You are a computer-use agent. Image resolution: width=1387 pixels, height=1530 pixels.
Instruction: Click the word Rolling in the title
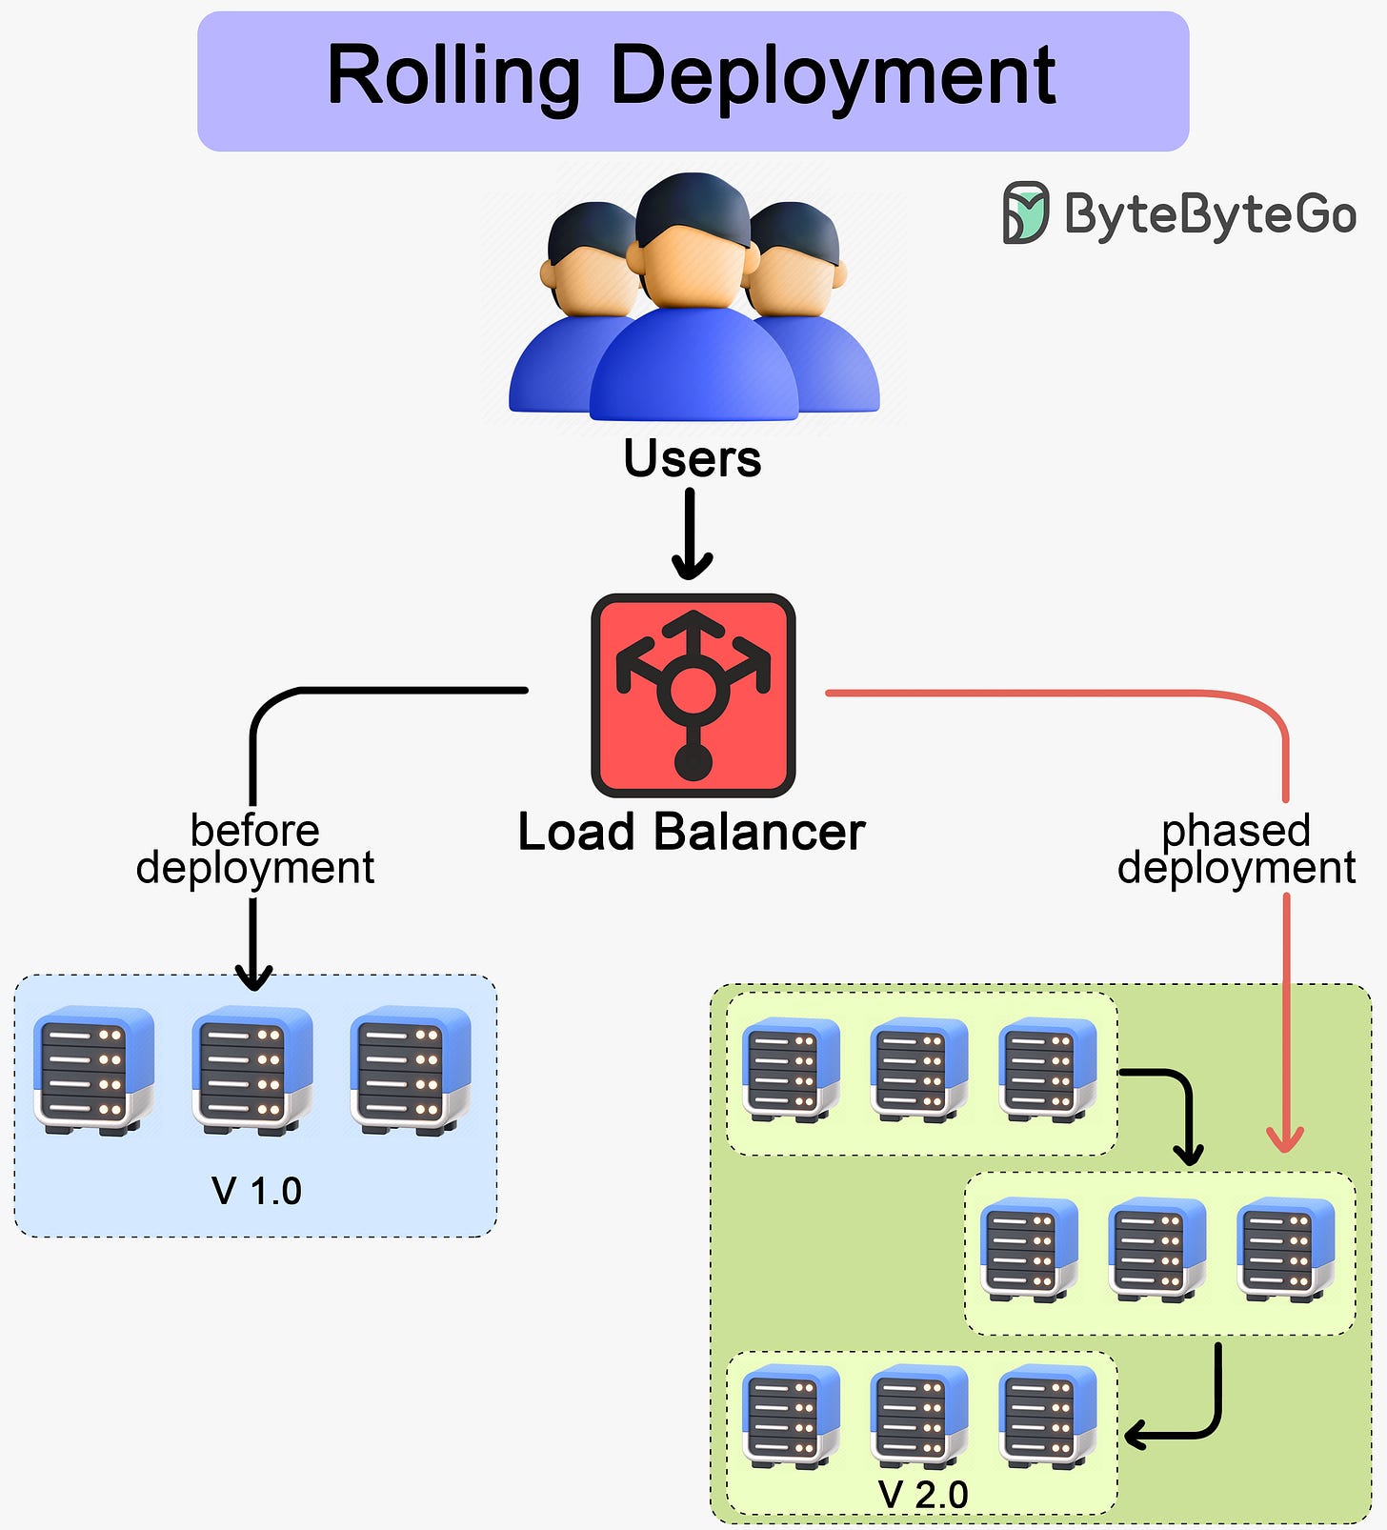tap(452, 76)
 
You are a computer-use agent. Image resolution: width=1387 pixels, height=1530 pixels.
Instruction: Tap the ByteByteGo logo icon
tap(1025, 212)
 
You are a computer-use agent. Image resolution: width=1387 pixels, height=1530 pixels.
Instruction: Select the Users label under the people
tap(693, 458)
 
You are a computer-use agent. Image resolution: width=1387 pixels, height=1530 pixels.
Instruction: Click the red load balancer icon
tap(693, 695)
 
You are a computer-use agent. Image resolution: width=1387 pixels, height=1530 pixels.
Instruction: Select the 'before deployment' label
tap(254, 849)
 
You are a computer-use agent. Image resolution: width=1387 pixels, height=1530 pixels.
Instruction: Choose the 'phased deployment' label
tap(1236, 849)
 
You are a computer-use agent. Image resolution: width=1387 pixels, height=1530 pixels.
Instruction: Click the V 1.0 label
tap(256, 1191)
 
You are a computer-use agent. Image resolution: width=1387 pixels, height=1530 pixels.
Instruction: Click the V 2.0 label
tap(923, 1494)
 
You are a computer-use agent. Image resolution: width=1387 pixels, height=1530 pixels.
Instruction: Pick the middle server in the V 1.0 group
tap(252, 1069)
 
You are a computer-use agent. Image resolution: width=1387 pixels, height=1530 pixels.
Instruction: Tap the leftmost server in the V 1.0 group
tap(93, 1069)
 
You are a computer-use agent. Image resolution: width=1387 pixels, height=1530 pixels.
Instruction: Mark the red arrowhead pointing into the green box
tap(1285, 1138)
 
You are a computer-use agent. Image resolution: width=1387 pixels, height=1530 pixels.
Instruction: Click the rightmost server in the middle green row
tap(1285, 1249)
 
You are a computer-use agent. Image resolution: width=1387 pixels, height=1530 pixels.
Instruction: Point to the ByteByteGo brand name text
tap(1210, 213)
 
